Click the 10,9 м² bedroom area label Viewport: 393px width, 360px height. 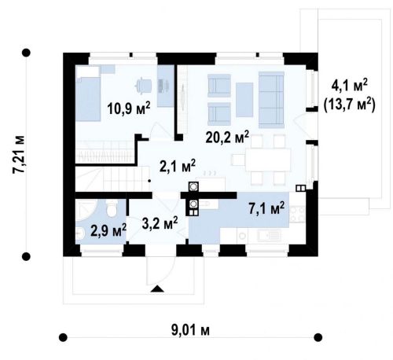[x=129, y=108]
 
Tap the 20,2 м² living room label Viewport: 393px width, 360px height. [x=227, y=137]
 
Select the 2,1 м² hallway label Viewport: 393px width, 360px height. [x=178, y=166]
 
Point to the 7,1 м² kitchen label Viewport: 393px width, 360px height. [x=266, y=208]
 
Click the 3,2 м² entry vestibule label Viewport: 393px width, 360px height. [x=160, y=223]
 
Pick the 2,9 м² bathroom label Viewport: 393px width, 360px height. [x=108, y=230]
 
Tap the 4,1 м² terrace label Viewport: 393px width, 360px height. [x=350, y=85]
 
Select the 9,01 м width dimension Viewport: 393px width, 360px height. [x=190, y=330]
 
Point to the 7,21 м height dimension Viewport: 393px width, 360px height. [x=19, y=155]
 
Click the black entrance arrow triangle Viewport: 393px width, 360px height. [x=157, y=288]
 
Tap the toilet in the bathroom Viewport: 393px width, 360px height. [x=112, y=208]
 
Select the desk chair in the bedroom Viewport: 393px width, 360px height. [x=143, y=85]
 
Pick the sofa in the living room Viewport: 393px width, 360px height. [x=271, y=100]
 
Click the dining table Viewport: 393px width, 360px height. [x=268, y=160]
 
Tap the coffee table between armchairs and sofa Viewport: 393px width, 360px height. [x=244, y=100]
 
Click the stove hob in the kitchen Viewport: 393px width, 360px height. [x=297, y=214]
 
